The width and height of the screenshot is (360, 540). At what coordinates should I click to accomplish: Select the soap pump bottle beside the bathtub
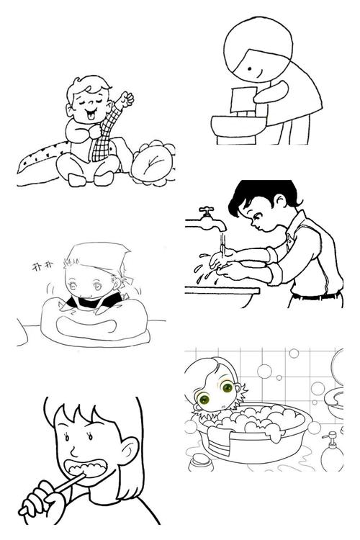click(330, 450)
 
